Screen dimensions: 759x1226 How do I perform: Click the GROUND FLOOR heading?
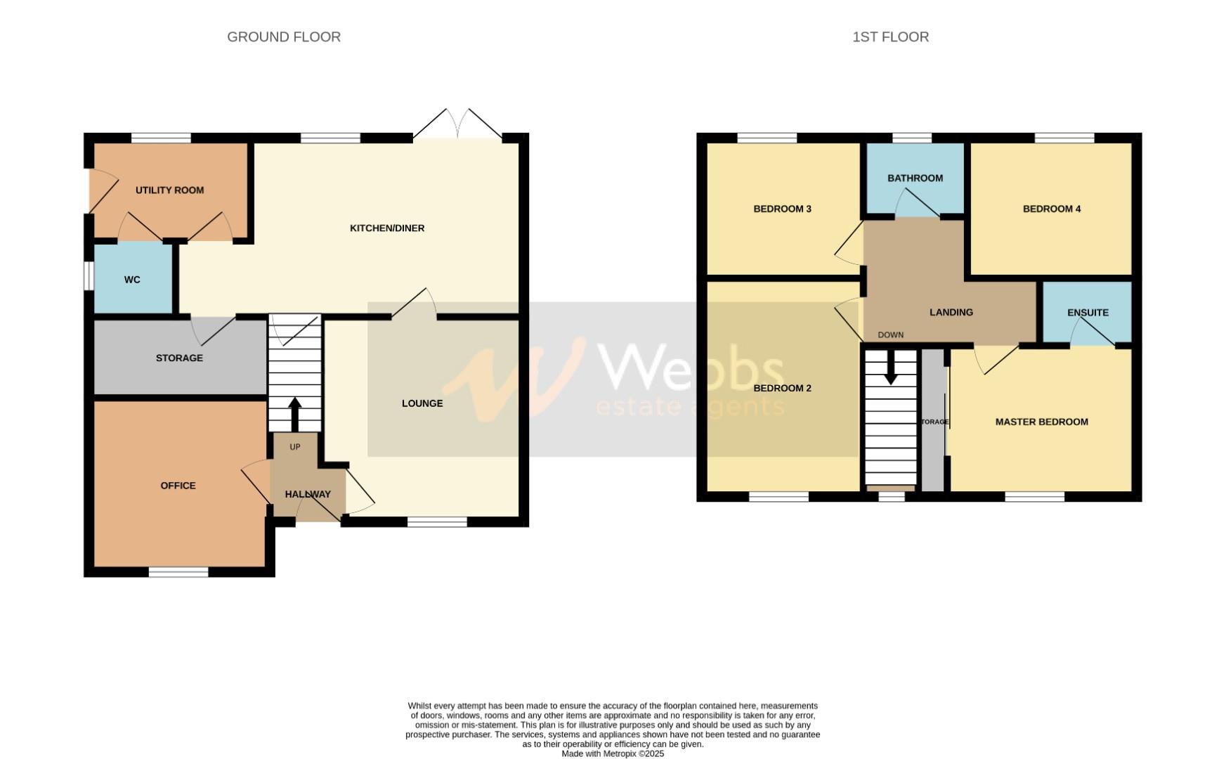(284, 37)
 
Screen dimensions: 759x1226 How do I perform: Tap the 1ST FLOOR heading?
(890, 37)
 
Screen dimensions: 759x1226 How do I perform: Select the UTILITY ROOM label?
(169, 190)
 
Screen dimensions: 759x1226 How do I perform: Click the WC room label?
(132, 280)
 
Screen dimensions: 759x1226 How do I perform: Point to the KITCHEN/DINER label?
(387, 228)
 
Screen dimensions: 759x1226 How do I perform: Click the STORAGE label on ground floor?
(179, 358)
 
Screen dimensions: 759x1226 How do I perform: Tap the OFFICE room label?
(178, 486)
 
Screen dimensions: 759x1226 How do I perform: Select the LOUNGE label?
(422, 403)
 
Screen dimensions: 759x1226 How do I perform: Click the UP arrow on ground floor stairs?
(294, 414)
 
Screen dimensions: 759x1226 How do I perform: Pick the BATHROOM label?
(915, 179)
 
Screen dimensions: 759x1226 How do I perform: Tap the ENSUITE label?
(1088, 313)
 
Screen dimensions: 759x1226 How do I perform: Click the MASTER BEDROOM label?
(1041, 422)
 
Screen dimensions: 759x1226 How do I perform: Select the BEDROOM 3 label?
(782, 209)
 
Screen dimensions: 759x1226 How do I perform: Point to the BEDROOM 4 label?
(1052, 209)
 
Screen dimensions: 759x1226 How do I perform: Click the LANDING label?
(951, 313)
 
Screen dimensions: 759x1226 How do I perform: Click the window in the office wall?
(178, 572)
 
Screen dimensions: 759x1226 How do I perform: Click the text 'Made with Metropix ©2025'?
(613, 753)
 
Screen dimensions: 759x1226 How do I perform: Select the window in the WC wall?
(89, 275)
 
